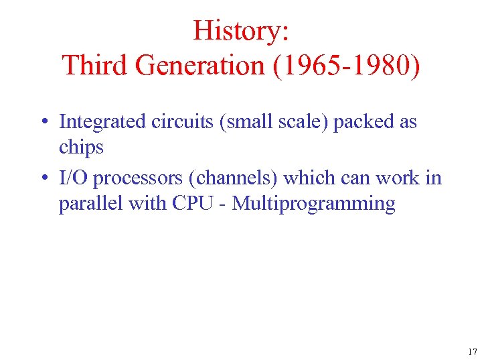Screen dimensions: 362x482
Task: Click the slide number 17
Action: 472,351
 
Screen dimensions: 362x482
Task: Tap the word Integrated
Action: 102,122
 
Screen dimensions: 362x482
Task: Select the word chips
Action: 81,147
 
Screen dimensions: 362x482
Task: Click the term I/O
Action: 74,178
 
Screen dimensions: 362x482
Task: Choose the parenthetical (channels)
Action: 232,178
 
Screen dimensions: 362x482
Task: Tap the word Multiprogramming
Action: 314,204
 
